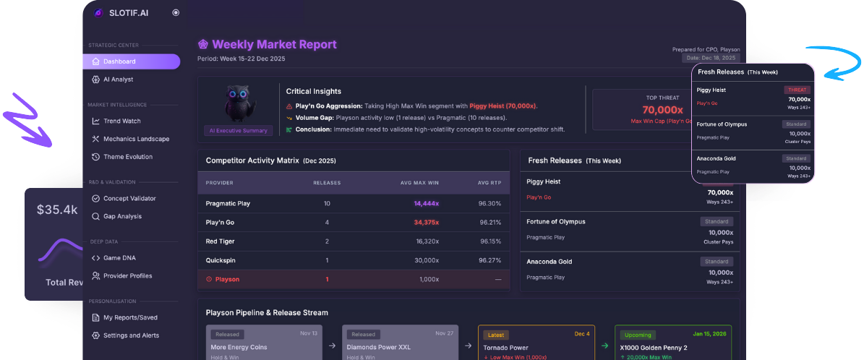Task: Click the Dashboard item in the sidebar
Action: tap(119, 61)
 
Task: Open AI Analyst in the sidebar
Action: tap(118, 80)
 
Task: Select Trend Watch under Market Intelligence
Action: tap(121, 121)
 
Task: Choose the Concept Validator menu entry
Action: tap(129, 198)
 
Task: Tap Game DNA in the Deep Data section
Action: tap(119, 257)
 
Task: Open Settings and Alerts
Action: tap(131, 335)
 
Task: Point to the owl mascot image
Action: tap(238, 104)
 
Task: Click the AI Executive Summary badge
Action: tap(238, 131)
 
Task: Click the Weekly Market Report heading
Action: tap(274, 45)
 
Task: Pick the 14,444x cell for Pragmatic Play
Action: tap(426, 203)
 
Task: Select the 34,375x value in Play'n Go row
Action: tap(426, 222)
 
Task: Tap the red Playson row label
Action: tap(226, 279)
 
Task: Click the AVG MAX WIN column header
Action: tap(419, 182)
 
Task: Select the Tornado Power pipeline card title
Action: tap(505, 348)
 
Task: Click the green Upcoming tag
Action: tap(638, 335)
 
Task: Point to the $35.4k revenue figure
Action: tap(57, 210)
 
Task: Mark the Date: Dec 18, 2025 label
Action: tap(711, 58)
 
